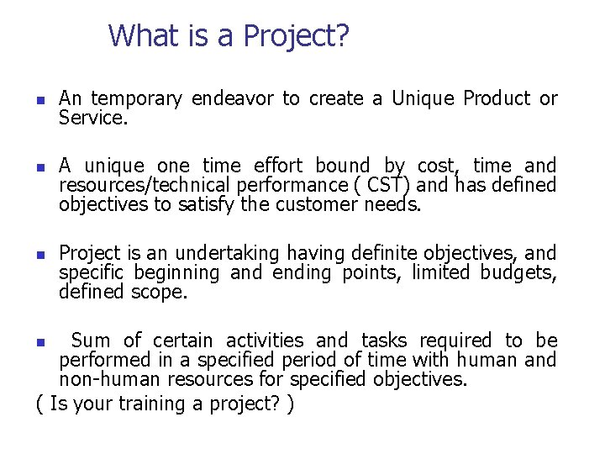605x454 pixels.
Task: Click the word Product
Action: pos(496,99)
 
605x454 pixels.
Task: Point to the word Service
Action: pos(92,119)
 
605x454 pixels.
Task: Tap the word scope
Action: pos(159,292)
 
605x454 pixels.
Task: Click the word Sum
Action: pos(90,340)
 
